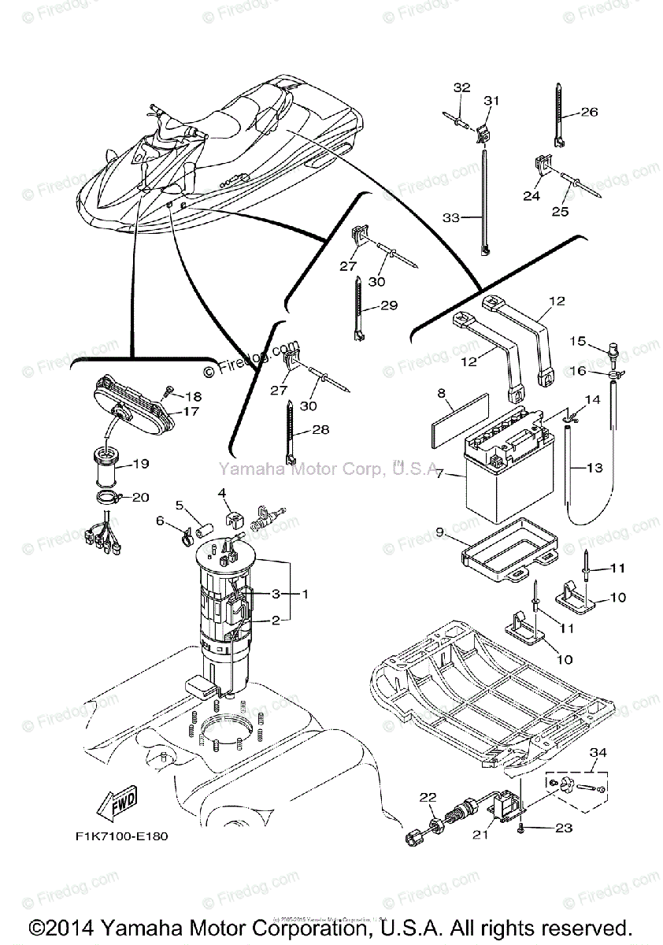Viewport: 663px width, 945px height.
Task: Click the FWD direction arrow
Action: pos(115,804)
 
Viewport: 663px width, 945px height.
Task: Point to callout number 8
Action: pos(442,391)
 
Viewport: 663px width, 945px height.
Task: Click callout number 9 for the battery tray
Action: pos(441,532)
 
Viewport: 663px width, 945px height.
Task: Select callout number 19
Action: pos(140,464)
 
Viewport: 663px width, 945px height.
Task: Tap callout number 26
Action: pos(590,112)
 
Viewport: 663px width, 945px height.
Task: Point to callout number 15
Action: pos(578,341)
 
